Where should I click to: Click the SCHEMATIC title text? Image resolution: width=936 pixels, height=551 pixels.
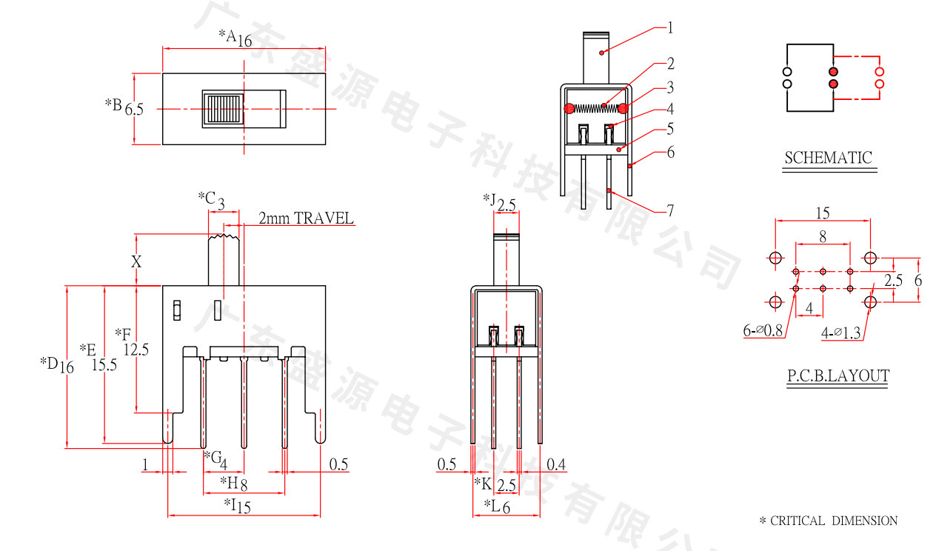pyautogui.click(x=829, y=157)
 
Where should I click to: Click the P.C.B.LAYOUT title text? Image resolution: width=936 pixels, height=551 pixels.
pyautogui.click(x=838, y=376)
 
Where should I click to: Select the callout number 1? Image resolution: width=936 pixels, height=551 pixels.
pyautogui.click(x=670, y=28)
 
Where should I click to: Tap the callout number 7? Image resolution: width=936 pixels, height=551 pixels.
pyautogui.click(x=670, y=211)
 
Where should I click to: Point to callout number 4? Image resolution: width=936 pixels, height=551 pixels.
pyautogui.click(x=670, y=109)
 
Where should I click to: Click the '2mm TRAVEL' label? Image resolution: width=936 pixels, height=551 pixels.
pyautogui.click(x=306, y=218)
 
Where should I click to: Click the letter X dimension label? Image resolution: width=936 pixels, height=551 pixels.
pyautogui.click(x=136, y=261)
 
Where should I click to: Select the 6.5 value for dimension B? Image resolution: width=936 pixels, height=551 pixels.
pyautogui.click(x=134, y=110)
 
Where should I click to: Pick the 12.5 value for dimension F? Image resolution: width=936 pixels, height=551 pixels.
pyautogui.click(x=136, y=350)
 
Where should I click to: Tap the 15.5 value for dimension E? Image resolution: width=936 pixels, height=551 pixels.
pyautogui.click(x=104, y=364)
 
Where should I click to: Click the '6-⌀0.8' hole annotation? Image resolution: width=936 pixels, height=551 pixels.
pyautogui.click(x=763, y=331)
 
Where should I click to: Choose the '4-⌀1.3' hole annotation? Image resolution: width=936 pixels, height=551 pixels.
pyautogui.click(x=841, y=333)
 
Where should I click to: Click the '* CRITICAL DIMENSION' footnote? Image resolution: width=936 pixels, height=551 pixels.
pyautogui.click(x=829, y=521)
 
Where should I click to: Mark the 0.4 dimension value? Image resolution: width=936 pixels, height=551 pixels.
pyautogui.click(x=556, y=464)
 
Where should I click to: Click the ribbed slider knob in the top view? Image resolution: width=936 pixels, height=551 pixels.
pyautogui.click(x=223, y=110)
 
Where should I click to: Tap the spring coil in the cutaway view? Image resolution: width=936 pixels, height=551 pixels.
pyautogui.click(x=596, y=108)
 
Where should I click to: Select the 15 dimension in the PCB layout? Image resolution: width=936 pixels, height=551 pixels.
pyautogui.click(x=823, y=213)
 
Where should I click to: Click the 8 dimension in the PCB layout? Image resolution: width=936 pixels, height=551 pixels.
pyautogui.click(x=823, y=237)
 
